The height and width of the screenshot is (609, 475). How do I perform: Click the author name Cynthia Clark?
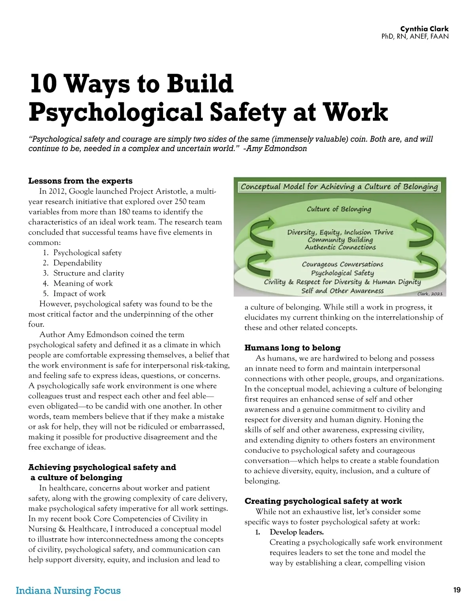(x=424, y=29)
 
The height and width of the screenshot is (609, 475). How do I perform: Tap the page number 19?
(x=457, y=590)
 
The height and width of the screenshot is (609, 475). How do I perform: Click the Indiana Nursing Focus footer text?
(x=68, y=590)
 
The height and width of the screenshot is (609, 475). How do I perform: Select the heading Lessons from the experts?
(x=80, y=181)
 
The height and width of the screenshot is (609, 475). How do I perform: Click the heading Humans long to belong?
(x=292, y=348)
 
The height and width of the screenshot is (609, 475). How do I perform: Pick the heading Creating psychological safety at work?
(x=323, y=501)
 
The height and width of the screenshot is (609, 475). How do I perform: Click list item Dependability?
(x=78, y=263)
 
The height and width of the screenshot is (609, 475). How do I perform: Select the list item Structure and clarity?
(x=89, y=273)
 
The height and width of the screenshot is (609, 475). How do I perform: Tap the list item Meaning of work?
(x=83, y=284)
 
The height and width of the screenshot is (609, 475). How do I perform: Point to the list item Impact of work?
(x=80, y=294)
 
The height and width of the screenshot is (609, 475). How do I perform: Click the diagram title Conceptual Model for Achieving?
(x=339, y=187)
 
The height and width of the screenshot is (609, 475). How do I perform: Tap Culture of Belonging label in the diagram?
(x=339, y=209)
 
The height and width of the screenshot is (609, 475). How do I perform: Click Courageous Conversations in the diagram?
(x=342, y=264)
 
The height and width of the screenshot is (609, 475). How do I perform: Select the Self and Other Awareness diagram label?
(x=342, y=291)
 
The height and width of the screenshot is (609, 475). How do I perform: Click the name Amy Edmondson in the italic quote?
(x=276, y=149)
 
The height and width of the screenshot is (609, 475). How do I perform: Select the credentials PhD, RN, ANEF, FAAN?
(x=415, y=36)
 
